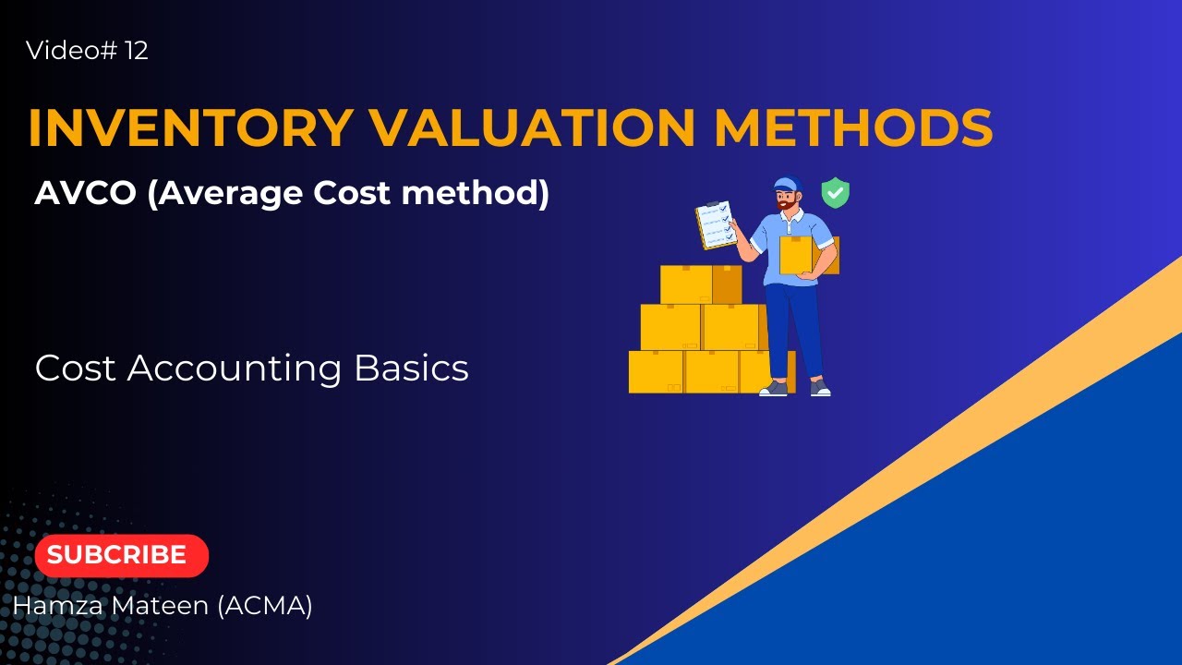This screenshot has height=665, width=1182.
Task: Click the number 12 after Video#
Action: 136,51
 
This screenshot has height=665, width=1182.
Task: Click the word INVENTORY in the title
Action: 190,128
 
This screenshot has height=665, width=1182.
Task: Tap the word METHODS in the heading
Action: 853,128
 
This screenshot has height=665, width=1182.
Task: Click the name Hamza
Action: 54,606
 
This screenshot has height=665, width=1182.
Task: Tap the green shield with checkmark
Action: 835,193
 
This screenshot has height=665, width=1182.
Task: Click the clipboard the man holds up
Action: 716,224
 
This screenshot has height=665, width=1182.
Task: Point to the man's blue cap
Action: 787,183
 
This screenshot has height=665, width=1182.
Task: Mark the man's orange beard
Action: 787,203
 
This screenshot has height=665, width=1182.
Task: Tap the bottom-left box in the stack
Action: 656,371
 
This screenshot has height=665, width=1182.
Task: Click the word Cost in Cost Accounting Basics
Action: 76,369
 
